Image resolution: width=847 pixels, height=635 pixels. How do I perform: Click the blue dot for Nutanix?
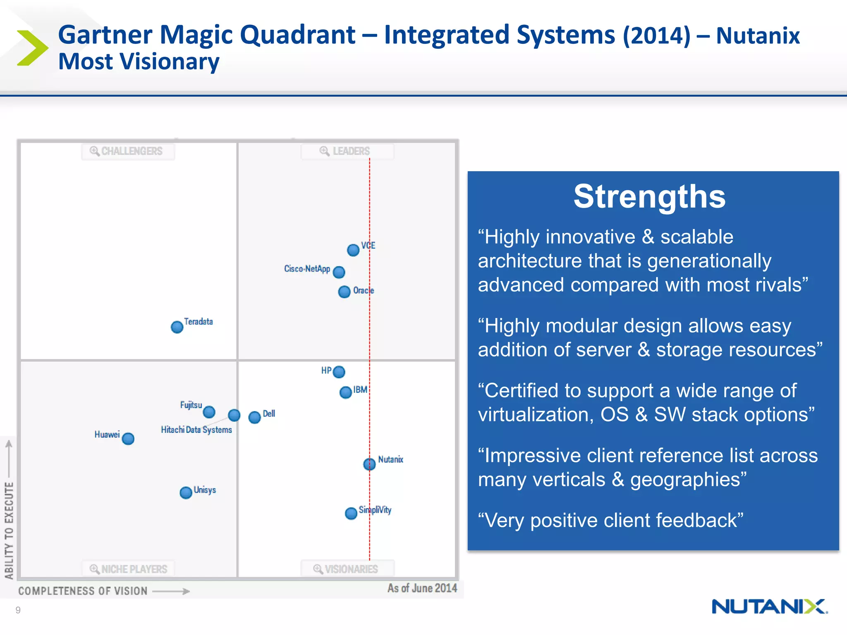(x=369, y=464)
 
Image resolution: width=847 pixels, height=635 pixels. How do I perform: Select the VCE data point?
(x=353, y=250)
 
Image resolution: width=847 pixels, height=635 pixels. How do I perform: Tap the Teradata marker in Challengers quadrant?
(x=177, y=327)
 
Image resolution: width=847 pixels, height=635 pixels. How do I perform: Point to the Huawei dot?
(x=128, y=439)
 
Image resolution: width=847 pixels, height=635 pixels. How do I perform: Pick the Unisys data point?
(x=186, y=492)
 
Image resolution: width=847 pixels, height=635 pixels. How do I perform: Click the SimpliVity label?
(x=375, y=510)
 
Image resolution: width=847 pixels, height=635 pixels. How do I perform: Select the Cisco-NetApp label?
(x=307, y=269)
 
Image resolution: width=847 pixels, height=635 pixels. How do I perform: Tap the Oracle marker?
(x=344, y=292)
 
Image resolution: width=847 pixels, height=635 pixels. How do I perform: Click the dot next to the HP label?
(x=339, y=372)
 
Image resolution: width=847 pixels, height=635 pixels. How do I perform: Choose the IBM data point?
(x=346, y=392)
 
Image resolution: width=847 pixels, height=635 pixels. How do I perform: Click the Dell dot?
(x=255, y=418)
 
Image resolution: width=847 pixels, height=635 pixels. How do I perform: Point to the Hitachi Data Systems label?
(x=196, y=430)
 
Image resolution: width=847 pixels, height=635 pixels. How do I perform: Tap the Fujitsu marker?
(x=209, y=412)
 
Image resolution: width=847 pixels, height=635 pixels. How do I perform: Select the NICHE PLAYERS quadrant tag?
(x=129, y=569)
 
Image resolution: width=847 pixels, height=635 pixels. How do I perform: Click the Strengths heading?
(x=649, y=197)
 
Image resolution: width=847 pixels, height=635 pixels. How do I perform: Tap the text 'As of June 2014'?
(x=422, y=588)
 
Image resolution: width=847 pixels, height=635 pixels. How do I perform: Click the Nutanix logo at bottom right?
(x=769, y=607)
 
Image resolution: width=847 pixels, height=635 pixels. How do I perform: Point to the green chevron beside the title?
(x=32, y=48)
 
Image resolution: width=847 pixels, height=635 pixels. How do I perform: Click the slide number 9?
(x=18, y=610)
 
